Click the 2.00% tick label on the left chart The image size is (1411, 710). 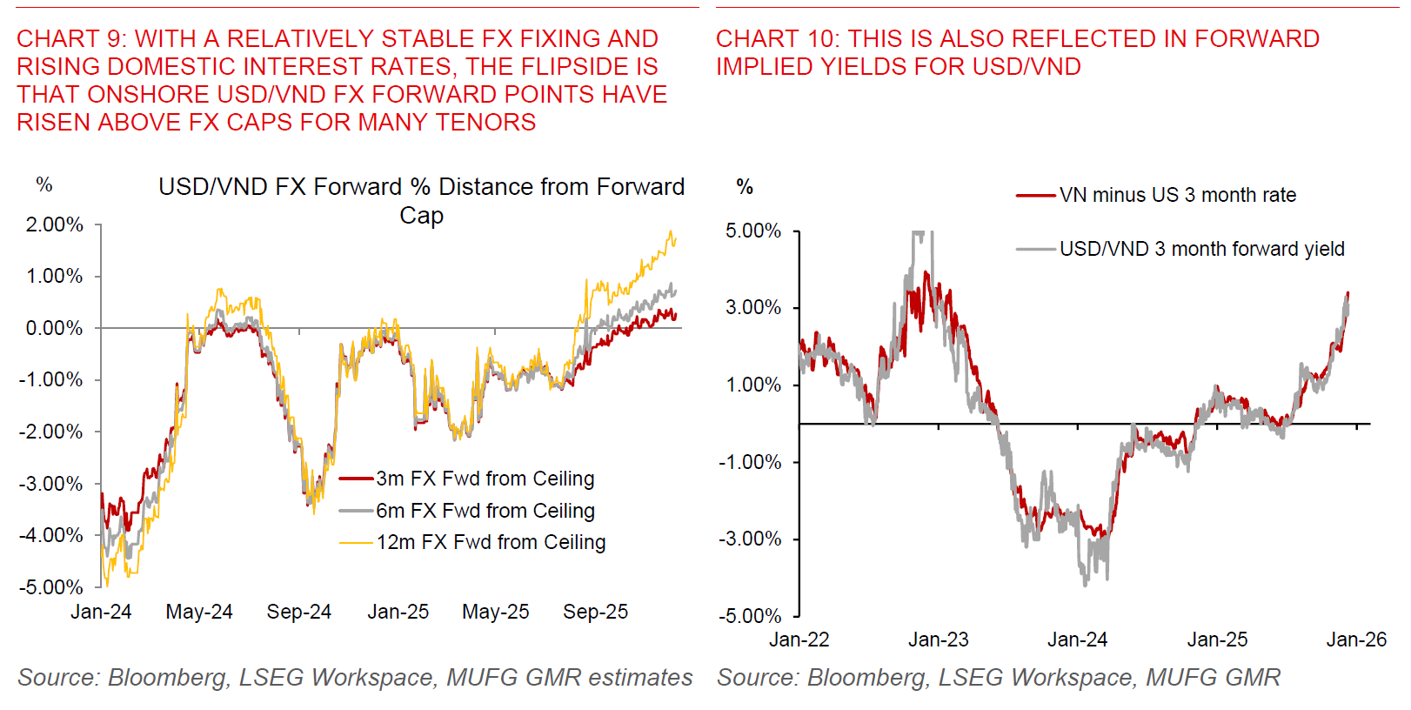[x=54, y=224]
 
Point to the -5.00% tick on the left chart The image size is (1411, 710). [x=51, y=587]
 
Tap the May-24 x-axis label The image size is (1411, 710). [x=199, y=612]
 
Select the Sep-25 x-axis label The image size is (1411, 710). [x=595, y=612]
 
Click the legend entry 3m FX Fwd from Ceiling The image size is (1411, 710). [x=485, y=479]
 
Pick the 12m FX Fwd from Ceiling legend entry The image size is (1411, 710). [x=491, y=542]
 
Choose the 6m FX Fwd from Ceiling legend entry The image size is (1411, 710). [x=485, y=511]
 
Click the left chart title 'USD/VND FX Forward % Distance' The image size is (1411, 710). [x=421, y=187]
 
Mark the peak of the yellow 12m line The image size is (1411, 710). [x=671, y=232]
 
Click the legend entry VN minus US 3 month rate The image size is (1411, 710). [x=1177, y=195]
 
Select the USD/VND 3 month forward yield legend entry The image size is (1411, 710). [x=1201, y=249]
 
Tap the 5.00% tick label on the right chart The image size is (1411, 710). [x=753, y=231]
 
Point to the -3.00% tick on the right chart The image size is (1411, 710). [x=750, y=539]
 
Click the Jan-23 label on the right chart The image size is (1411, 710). [x=938, y=640]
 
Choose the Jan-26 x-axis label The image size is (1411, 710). [x=1356, y=640]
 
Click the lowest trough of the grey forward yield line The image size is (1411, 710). [x=1085, y=584]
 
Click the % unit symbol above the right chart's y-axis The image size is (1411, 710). [x=745, y=186]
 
